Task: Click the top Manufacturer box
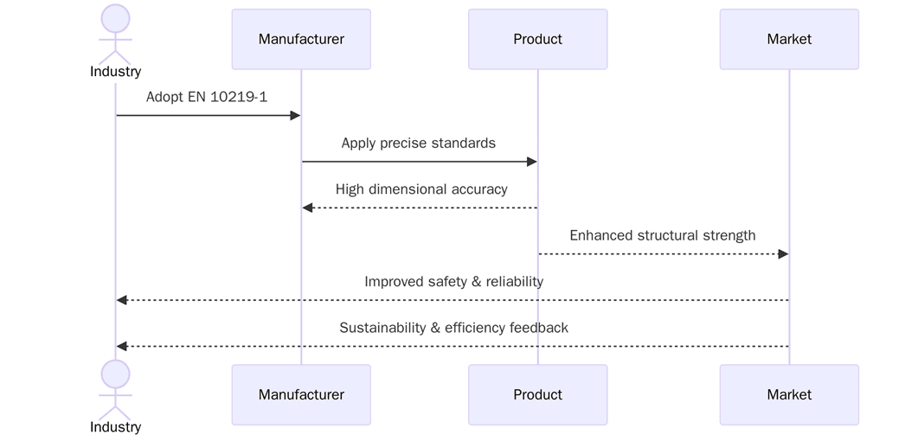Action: (x=301, y=39)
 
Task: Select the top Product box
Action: (x=537, y=39)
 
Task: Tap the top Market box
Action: (x=789, y=39)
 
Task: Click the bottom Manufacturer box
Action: (x=301, y=394)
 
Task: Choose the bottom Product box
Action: (x=537, y=394)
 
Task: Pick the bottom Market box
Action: (x=789, y=394)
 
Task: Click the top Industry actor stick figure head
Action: (x=116, y=19)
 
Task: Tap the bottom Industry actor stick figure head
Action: (x=116, y=374)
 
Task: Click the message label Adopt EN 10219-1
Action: (x=207, y=97)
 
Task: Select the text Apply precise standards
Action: (x=419, y=143)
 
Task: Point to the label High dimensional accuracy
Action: (x=421, y=189)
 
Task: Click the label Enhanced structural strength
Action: (x=663, y=235)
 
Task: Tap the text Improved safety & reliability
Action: (x=453, y=281)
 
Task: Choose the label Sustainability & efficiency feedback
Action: (x=453, y=328)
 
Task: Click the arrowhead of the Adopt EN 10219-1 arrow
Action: (x=295, y=116)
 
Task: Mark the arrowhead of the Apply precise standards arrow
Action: (x=531, y=162)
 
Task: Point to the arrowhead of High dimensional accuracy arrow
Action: (x=307, y=208)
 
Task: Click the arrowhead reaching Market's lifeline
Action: (x=783, y=253)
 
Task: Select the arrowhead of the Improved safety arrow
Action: (x=122, y=300)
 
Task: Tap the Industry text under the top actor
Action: (x=116, y=72)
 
